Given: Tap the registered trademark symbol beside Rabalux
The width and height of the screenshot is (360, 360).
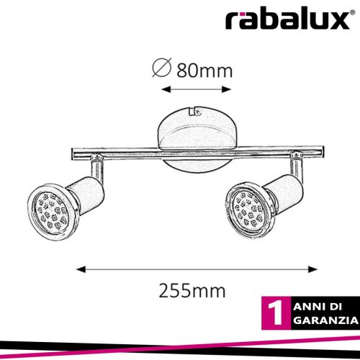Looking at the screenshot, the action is point(353,13).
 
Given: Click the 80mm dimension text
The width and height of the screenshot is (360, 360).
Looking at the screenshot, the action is point(204,71).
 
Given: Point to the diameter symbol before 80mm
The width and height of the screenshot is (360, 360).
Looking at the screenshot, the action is point(162,67).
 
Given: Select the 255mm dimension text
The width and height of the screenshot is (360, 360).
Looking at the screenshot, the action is point(192,291).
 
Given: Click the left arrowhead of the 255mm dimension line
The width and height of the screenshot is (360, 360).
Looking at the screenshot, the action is point(81,269).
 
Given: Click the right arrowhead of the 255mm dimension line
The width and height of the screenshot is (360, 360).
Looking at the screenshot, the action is point(312,269).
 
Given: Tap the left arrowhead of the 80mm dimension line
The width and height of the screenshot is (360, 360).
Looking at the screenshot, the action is point(166,89).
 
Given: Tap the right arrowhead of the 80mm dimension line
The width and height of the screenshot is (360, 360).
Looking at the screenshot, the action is point(226,89).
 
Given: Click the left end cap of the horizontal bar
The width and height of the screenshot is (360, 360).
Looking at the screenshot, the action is point(73,153).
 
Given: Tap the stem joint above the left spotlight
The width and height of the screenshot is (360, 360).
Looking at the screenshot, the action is point(97,158).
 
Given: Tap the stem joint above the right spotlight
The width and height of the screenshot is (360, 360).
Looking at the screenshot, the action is point(297,156).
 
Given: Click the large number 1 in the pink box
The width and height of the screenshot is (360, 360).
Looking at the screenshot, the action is point(275,313).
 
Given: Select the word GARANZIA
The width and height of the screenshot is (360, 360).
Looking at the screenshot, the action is point(326,320).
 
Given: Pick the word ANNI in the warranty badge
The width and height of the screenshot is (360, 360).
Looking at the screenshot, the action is point(306,307).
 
